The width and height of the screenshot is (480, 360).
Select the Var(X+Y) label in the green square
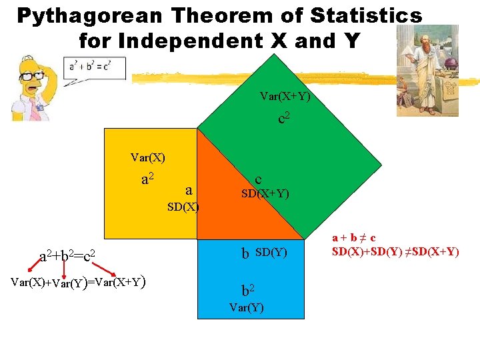(x=285, y=97)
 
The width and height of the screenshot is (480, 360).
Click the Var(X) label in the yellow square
(x=148, y=158)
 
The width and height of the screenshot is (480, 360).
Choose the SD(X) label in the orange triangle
(x=183, y=207)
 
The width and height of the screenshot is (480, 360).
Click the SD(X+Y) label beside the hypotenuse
(x=265, y=194)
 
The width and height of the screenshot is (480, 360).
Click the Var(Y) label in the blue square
(x=246, y=307)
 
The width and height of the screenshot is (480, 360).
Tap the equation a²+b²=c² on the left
(x=71, y=255)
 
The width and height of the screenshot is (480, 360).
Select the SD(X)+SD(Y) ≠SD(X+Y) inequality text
(x=396, y=252)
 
